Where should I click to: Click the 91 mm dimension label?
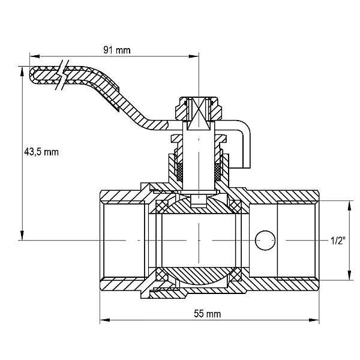(x=116, y=50)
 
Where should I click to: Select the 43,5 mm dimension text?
(x=41, y=152)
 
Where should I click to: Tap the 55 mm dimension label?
(x=208, y=314)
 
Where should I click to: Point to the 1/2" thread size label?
(x=338, y=241)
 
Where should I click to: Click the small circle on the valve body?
(x=265, y=241)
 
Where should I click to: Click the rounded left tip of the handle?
(x=32, y=75)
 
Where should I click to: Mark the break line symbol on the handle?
(x=62, y=75)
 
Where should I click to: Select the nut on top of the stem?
(x=199, y=109)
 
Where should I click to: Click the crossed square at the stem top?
(x=199, y=114)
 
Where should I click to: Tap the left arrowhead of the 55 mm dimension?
(x=104, y=320)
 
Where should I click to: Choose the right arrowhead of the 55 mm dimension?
(x=314, y=320)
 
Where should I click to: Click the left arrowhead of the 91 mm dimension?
(x=35, y=56)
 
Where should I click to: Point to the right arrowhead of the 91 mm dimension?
(x=194, y=56)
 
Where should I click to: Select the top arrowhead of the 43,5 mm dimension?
(x=22, y=71)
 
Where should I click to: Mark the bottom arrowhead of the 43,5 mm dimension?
(x=22, y=235)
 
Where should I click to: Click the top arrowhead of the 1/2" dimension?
(x=350, y=205)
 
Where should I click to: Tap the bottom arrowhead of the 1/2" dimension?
(x=350, y=275)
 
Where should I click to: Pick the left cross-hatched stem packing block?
(x=180, y=172)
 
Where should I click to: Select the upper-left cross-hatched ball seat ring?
(x=161, y=208)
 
